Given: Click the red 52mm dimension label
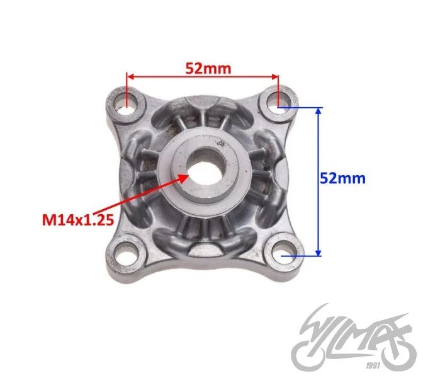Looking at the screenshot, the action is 208,69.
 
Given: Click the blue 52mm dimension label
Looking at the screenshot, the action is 342,178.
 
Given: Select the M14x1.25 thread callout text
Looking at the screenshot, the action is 78,220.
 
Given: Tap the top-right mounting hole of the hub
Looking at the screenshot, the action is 279,102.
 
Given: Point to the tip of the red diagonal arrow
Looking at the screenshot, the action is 189,175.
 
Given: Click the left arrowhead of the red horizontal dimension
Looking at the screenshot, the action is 130,77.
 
